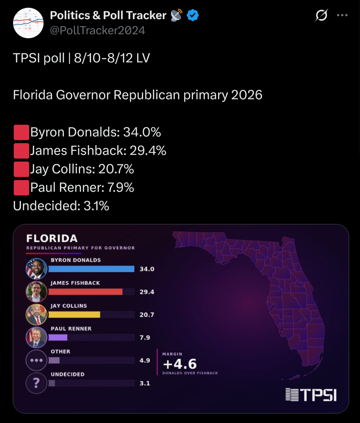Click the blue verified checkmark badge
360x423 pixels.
coord(193,15)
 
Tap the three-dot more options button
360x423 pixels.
coord(342,15)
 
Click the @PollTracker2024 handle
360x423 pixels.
coord(98,31)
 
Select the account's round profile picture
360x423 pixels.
coord(28,23)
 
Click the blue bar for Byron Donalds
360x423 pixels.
coord(91,269)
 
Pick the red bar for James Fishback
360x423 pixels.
coord(85,292)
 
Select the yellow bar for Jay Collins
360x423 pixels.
coord(74,314)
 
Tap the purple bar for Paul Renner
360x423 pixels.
coord(58,338)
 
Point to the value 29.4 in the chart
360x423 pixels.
coord(147,292)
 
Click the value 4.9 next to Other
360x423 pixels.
coord(145,360)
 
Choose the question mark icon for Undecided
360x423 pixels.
coord(37,383)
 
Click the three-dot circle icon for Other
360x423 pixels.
coord(37,360)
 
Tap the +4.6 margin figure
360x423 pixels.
coord(180,364)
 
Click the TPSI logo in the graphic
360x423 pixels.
coord(311,395)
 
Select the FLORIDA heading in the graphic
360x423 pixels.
coord(52,238)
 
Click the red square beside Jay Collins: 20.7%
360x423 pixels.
coord(21,169)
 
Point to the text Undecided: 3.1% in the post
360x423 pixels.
coord(61,206)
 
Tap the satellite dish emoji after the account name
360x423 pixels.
coord(176,15)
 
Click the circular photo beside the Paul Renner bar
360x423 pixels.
coord(37,337)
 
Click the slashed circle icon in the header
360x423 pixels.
coord(321,15)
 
